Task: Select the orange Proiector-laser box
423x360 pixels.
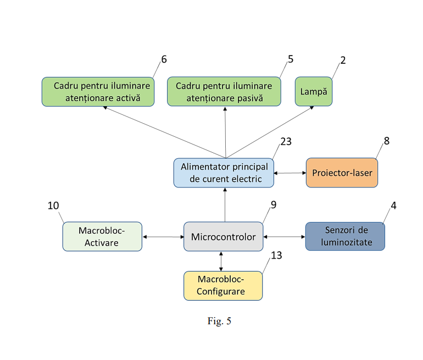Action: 342,173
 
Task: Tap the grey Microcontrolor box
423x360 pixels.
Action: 223,237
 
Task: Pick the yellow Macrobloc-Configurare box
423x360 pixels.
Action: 223,286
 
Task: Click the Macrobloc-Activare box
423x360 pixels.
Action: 102,236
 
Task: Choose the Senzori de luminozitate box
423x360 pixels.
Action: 345,236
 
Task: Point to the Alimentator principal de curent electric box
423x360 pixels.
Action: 224,173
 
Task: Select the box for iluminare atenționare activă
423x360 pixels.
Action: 98,92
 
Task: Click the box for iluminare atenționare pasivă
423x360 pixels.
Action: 224,92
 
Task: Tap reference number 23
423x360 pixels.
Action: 286,142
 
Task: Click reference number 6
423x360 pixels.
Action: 163,59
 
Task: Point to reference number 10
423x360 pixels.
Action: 53,206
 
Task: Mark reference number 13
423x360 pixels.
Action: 276,255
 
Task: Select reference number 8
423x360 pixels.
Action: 387,141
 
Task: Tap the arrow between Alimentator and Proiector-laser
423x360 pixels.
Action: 290,173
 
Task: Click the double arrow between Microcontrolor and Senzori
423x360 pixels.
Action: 284,237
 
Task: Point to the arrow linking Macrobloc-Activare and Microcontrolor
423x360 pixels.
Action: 163,237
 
